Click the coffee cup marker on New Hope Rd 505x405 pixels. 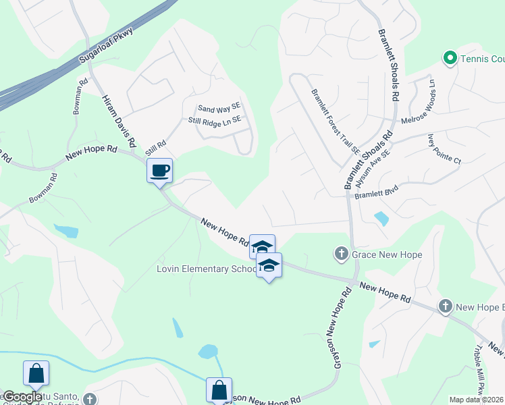[160, 170]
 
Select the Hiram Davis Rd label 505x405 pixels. [119, 122]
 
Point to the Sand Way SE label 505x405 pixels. [219, 108]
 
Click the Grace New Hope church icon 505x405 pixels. [342, 254]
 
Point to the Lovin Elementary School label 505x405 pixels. [205, 269]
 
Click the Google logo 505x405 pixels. [22, 396]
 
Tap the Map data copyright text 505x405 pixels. [477, 400]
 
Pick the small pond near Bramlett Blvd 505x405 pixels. [381, 219]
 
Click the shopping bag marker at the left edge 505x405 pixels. [36, 373]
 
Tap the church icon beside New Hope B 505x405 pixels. [445, 306]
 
